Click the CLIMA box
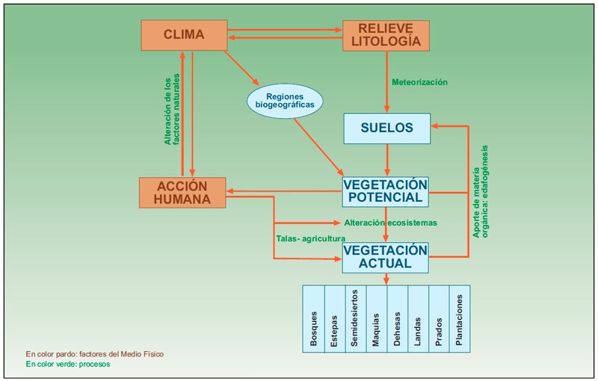point(183,34)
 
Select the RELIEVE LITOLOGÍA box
point(386,34)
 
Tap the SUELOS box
point(386,128)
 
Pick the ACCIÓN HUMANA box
point(182,192)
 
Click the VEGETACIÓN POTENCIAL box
point(386,191)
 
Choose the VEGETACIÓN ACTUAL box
point(386,256)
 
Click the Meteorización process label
point(419,82)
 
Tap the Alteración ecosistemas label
point(391,223)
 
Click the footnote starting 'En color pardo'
point(94,353)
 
